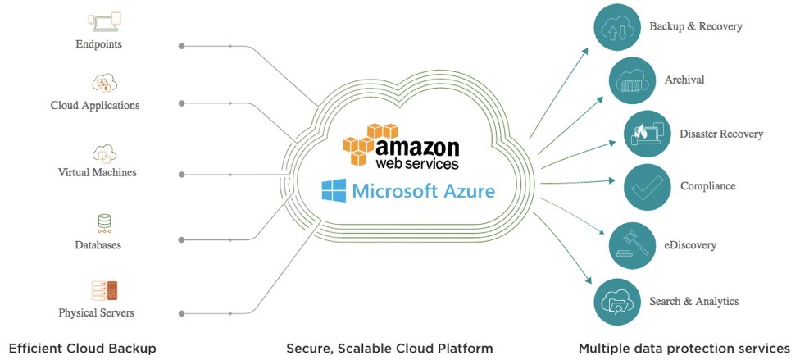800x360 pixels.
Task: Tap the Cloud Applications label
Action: tap(95, 105)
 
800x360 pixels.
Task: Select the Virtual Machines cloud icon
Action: tap(104, 153)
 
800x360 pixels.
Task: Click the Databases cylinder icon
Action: tap(104, 221)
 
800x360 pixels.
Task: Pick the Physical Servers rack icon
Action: tap(104, 290)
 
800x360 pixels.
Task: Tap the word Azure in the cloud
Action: tap(466, 192)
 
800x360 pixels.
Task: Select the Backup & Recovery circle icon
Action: tap(616, 28)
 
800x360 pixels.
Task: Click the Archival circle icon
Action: tap(632, 80)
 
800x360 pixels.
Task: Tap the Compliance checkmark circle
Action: tap(648, 186)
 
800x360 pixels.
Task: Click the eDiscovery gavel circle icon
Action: tap(632, 244)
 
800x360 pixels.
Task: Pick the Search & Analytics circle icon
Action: tap(616, 302)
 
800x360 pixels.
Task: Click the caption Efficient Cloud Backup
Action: tap(82, 349)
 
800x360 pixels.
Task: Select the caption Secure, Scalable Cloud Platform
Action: tap(389, 349)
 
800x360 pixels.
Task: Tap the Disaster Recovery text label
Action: tap(721, 134)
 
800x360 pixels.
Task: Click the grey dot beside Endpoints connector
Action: tap(181, 45)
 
